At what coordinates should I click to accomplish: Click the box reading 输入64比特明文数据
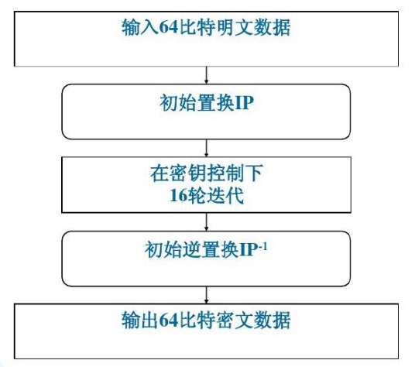tap(207, 39)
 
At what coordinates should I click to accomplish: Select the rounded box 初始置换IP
tap(207, 111)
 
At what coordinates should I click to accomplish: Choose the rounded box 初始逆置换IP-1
tap(207, 259)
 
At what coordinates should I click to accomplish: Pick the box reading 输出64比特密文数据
tap(207, 328)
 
